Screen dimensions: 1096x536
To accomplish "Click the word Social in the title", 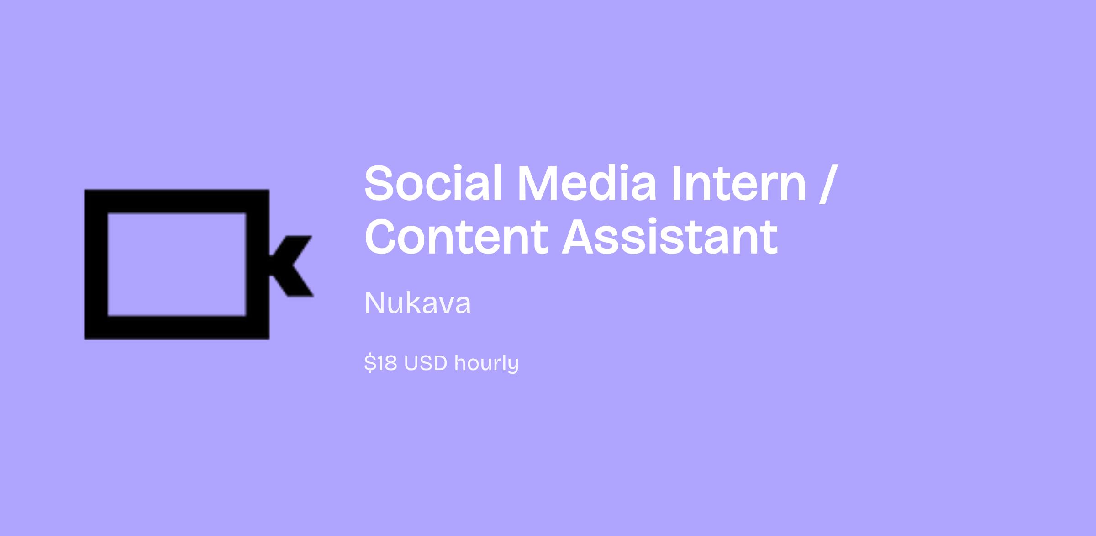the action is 433,183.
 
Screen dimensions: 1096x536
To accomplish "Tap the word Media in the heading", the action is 587,183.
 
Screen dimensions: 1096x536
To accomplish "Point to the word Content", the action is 456,237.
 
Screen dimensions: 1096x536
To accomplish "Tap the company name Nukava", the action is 417,303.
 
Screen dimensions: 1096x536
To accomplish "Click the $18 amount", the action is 380,363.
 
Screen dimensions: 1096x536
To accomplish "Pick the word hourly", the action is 487,364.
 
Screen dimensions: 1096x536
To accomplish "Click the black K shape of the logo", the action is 291,266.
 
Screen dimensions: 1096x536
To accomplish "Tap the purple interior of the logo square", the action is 177,264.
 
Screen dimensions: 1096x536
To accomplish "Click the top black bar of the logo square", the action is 177,201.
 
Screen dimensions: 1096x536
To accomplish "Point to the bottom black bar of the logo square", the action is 177,327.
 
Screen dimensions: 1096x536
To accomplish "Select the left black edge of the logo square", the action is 96,264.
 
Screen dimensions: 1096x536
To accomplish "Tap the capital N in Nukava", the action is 373,303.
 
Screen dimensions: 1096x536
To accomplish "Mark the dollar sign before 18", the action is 369,363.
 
